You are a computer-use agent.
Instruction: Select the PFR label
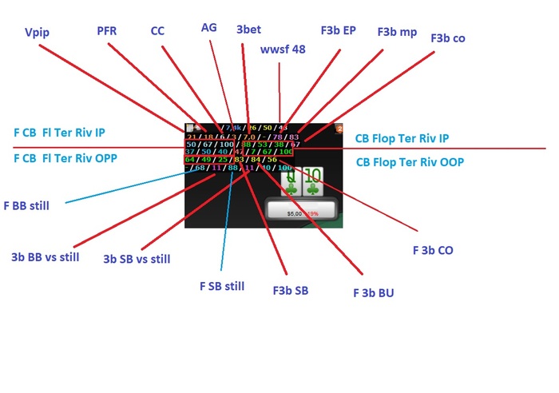click(x=108, y=31)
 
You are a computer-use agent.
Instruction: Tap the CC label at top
click(x=157, y=31)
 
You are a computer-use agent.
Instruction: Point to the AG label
click(x=208, y=27)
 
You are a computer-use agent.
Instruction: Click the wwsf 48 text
click(x=283, y=50)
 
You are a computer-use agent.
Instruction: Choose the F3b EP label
click(x=339, y=30)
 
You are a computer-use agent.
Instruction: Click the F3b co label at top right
click(x=448, y=38)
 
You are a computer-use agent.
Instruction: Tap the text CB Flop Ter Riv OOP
click(x=410, y=162)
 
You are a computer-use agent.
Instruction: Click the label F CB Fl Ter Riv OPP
click(x=65, y=158)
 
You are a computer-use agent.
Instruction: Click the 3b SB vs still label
click(x=137, y=259)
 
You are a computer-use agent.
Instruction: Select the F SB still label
click(x=221, y=286)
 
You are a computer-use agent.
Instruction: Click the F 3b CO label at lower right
click(x=433, y=250)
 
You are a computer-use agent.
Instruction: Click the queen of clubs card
click(x=292, y=183)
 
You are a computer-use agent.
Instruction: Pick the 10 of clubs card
click(x=313, y=183)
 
